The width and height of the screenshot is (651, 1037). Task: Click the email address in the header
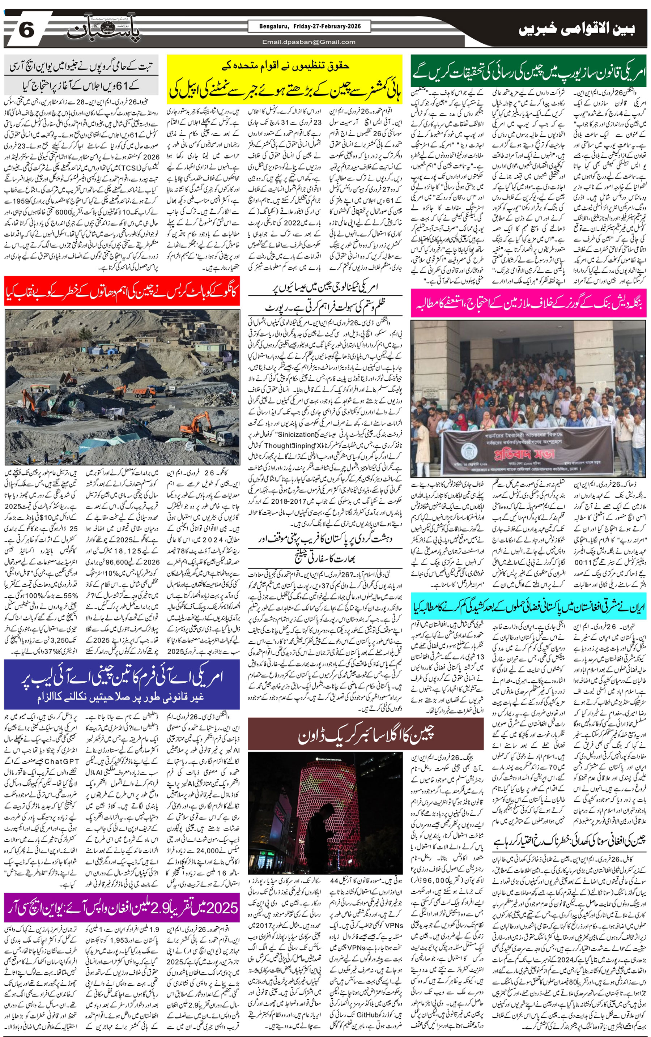(x=309, y=42)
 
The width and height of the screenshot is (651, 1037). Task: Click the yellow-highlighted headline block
(x=284, y=79)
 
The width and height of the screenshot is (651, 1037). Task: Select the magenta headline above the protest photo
(x=528, y=303)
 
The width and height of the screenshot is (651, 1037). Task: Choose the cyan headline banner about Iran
(x=528, y=607)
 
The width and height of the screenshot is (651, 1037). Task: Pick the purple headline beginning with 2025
(x=122, y=907)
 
